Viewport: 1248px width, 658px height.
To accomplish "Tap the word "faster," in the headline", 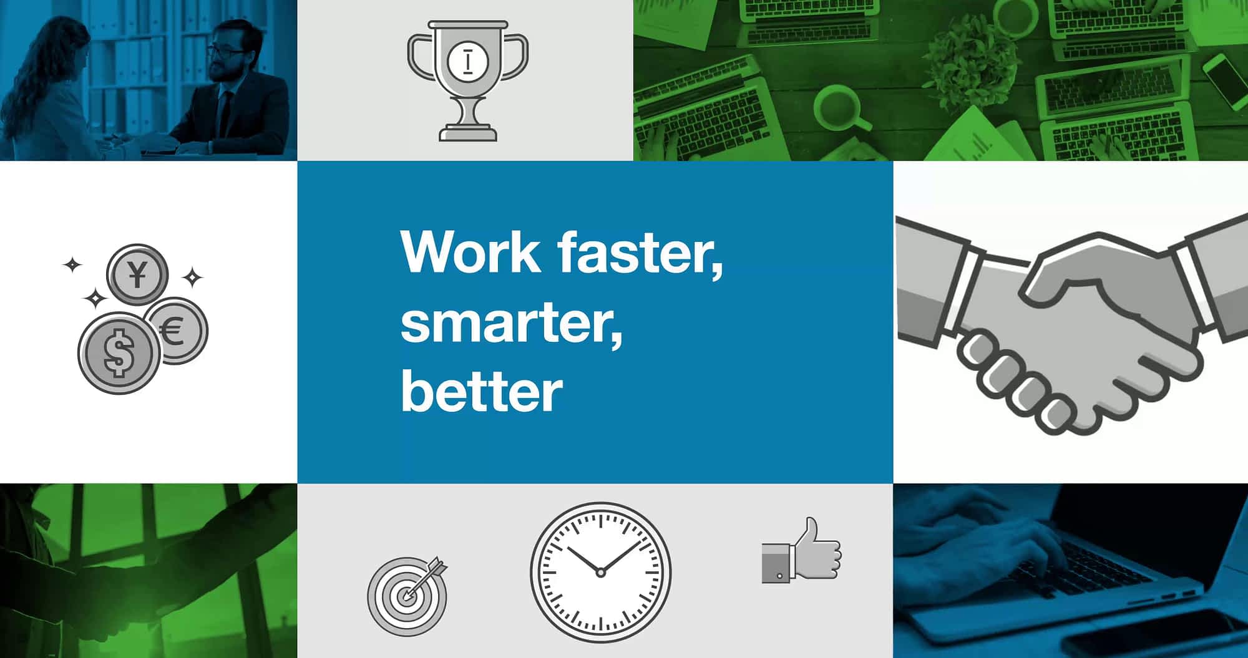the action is (x=640, y=253).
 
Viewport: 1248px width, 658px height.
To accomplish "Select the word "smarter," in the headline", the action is (x=512, y=322).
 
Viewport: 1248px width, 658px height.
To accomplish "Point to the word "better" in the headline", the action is (x=482, y=391).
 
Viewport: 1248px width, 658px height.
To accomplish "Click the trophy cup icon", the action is (x=467, y=81).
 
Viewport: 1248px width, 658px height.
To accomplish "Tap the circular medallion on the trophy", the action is (x=468, y=61).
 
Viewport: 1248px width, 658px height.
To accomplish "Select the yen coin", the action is (x=137, y=274).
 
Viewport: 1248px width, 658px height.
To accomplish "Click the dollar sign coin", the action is (x=119, y=353).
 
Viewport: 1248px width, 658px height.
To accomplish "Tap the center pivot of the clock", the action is (x=600, y=573).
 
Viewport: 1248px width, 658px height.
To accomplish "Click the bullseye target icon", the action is (x=407, y=596).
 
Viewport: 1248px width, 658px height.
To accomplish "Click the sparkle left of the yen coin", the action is (x=72, y=265).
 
